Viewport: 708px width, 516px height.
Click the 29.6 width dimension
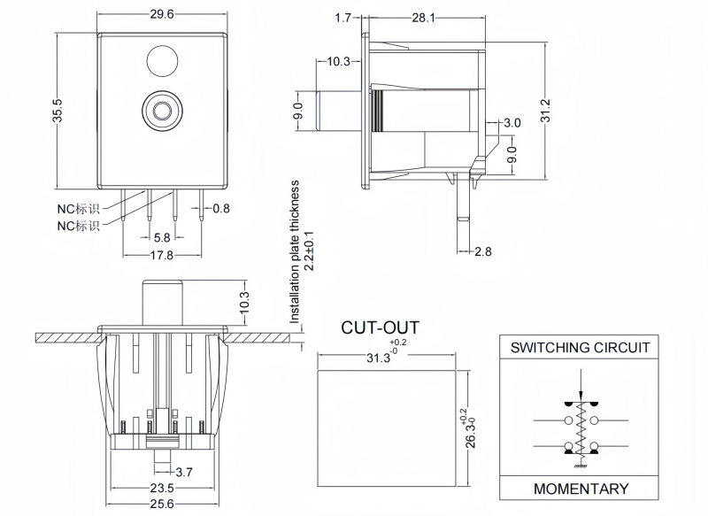click(161, 14)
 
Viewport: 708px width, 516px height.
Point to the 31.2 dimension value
click(545, 111)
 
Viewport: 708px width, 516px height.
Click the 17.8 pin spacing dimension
click(161, 257)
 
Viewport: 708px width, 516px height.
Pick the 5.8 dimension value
click(162, 237)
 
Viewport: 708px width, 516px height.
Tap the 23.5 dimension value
click(161, 489)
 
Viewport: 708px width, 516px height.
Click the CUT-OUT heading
click(380, 328)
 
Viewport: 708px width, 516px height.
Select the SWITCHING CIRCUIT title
click(581, 348)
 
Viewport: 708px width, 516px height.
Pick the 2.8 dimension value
click(482, 251)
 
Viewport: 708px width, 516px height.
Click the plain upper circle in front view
click(161, 63)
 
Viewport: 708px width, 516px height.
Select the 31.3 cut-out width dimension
click(379, 358)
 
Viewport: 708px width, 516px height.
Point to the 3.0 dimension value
click(512, 123)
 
